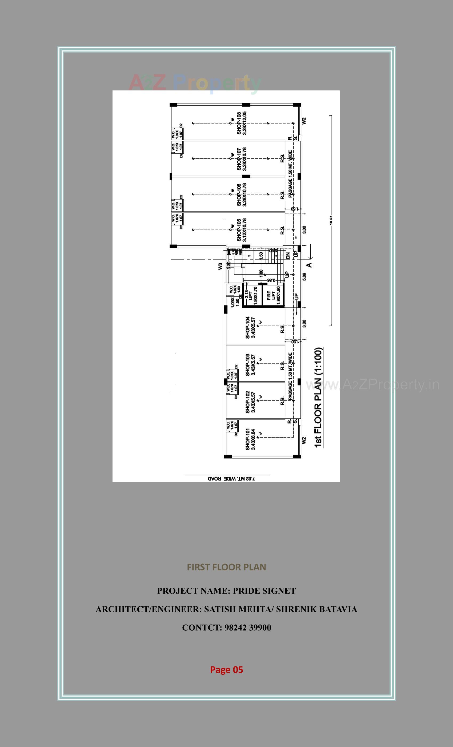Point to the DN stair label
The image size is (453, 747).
coord(288,255)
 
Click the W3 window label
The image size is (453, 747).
coord(220,266)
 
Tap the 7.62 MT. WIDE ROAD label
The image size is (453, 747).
coord(231,479)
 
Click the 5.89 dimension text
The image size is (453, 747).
coord(304,276)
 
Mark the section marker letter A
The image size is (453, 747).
coord(309,265)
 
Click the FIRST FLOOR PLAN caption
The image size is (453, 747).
coord(226,567)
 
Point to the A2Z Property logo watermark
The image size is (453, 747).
coord(195,83)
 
